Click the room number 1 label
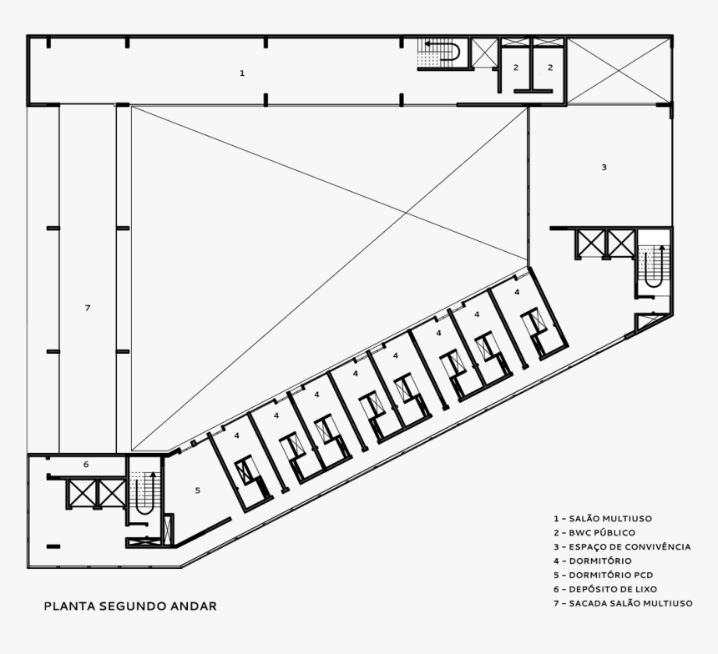pyautogui.click(x=242, y=73)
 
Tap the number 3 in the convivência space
pyautogui.click(x=604, y=168)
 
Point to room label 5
pyautogui.click(x=198, y=490)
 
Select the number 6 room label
pyautogui.click(x=86, y=465)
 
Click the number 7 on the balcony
pyautogui.click(x=87, y=309)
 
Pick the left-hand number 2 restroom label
pyautogui.click(x=516, y=68)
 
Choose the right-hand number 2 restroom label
pyautogui.click(x=550, y=68)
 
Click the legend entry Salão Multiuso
pyautogui.click(x=602, y=518)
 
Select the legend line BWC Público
pyautogui.click(x=594, y=532)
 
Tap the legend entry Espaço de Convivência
pyautogui.click(x=621, y=546)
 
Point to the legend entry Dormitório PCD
pyautogui.click(x=602, y=575)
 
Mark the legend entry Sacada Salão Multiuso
pyautogui.click(x=622, y=603)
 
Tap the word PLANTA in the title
pyautogui.click(x=69, y=606)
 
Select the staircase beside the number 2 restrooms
pyautogui.click(x=440, y=52)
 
